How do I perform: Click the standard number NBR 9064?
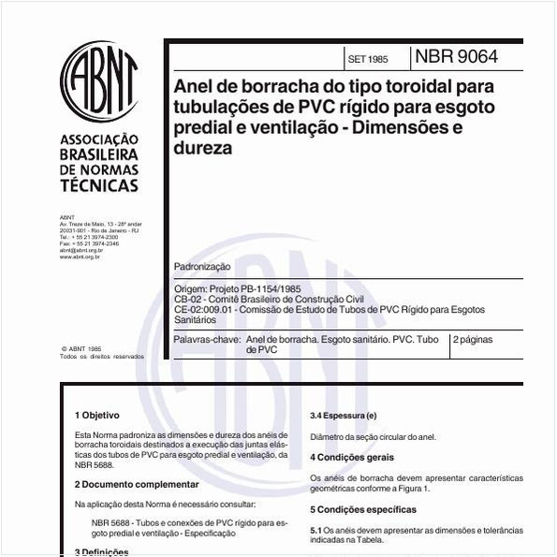tap(456, 57)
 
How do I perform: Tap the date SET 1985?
tap(367, 59)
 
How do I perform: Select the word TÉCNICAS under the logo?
tap(98, 185)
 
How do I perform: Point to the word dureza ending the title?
tap(203, 147)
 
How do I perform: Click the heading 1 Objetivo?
tap(97, 414)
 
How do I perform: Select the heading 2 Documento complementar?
tap(137, 484)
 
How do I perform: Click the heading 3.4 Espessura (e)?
tap(344, 414)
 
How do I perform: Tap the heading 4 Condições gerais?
tap(353, 457)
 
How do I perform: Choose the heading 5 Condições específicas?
tap(363, 509)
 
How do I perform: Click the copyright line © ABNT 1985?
tap(81, 347)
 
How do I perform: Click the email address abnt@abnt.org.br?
tap(80, 250)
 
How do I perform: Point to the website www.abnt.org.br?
tap(81, 256)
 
